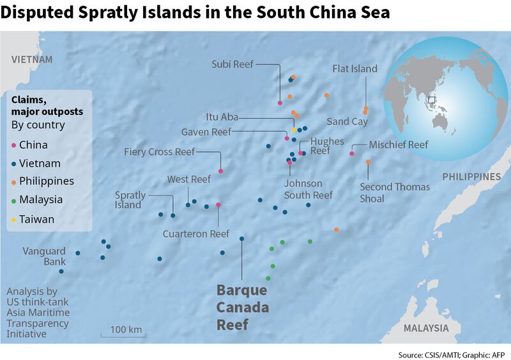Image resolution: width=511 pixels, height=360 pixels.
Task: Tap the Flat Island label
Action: [x=355, y=68]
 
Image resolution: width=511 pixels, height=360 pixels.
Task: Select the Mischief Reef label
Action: [x=399, y=145]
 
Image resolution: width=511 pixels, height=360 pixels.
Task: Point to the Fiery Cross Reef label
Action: [x=160, y=152]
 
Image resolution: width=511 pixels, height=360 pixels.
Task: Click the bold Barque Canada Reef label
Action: [x=243, y=308]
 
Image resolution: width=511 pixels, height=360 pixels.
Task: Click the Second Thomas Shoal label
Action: [x=395, y=193]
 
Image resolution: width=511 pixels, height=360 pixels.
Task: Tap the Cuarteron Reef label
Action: [x=196, y=234]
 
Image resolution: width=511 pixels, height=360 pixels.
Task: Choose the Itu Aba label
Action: [x=224, y=117]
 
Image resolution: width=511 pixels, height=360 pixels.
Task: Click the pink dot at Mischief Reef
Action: [x=352, y=153]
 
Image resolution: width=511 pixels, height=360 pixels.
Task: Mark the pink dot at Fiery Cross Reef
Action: [x=220, y=171]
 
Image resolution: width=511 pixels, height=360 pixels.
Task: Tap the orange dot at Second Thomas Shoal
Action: [x=368, y=162]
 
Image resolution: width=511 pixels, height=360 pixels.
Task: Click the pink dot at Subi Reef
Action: [x=280, y=103]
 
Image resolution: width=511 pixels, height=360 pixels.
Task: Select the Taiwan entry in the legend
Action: [x=36, y=219]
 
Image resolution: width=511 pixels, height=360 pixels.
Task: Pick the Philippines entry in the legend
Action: [x=46, y=181]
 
